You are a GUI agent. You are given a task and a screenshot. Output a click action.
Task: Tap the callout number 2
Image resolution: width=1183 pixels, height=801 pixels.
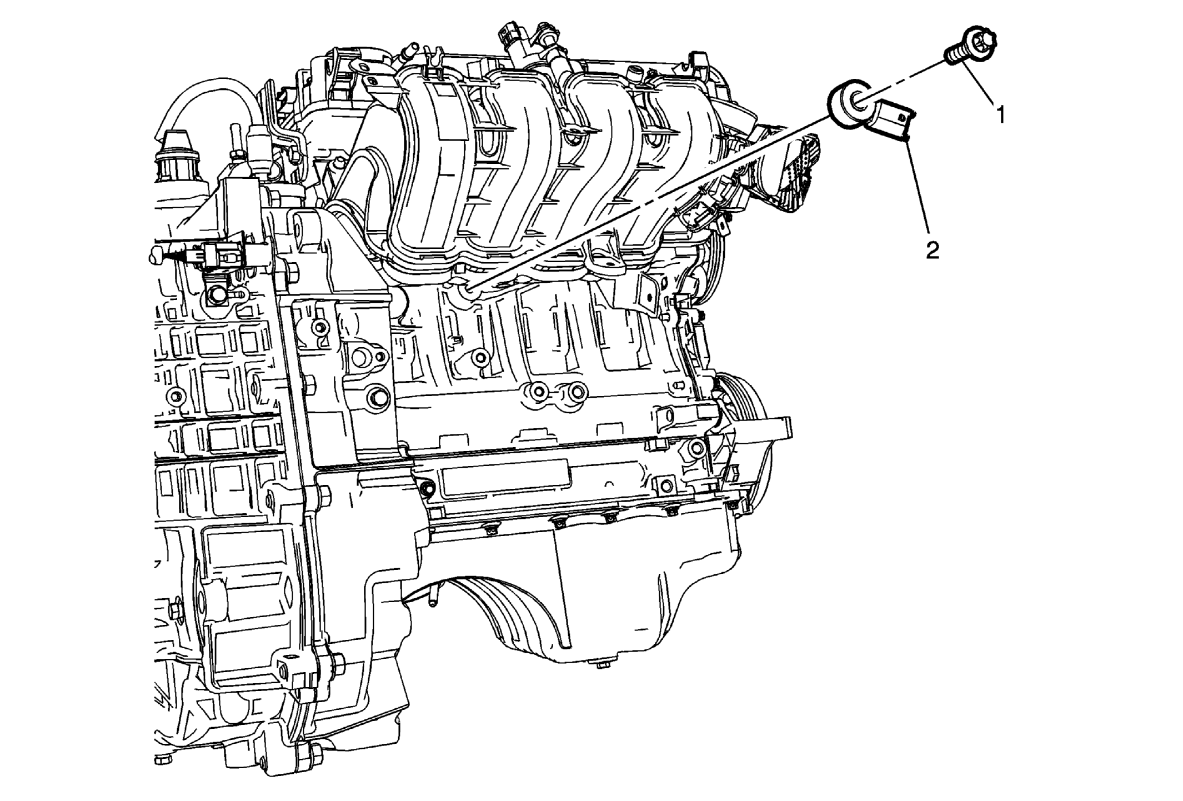coord(933,250)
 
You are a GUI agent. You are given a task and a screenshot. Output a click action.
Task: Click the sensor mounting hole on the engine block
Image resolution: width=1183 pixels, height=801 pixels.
coord(467,288)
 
